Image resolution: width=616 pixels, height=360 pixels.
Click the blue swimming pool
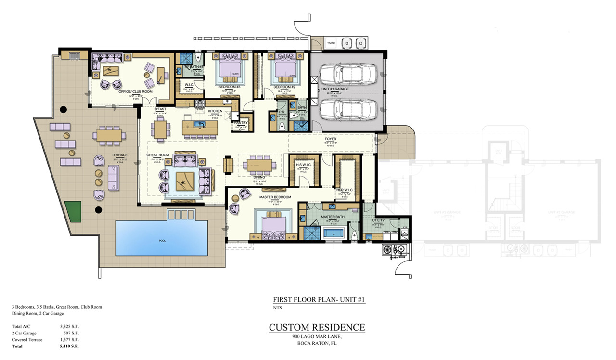[162, 240]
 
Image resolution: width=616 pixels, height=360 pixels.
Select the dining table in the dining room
[259, 165]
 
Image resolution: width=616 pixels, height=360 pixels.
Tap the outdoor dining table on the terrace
[109, 136]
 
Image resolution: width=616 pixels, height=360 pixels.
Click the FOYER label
[331, 139]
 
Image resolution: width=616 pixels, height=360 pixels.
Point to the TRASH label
[331, 43]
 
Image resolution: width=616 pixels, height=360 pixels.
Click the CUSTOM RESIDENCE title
[317, 328]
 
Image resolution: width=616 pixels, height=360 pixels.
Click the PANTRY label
[240, 123]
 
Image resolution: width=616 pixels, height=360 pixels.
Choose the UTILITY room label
[378, 220]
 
